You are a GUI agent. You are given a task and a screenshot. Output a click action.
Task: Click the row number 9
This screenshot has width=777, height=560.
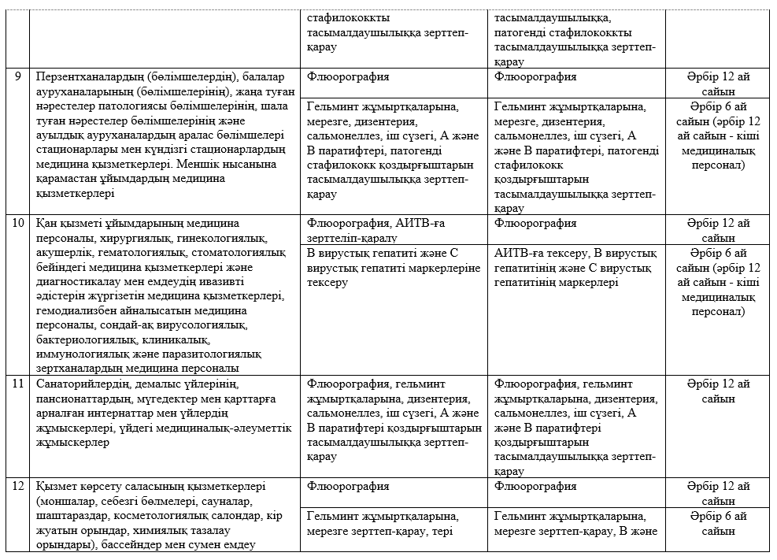coord(18,78)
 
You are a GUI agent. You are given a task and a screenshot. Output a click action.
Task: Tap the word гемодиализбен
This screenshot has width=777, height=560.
coord(72,312)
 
